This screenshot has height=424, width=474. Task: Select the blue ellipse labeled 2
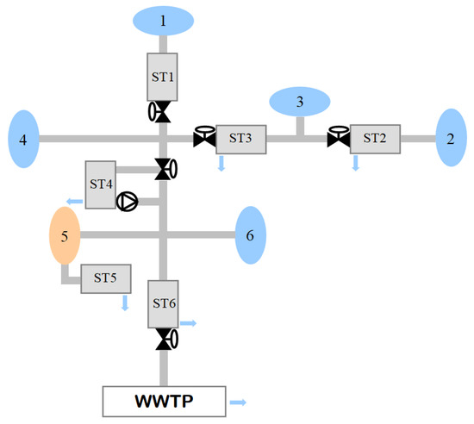[x=450, y=138]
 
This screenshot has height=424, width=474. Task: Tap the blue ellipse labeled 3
[x=300, y=102]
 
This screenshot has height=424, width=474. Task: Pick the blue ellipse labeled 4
[x=24, y=138]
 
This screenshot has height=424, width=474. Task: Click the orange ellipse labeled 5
[x=65, y=234]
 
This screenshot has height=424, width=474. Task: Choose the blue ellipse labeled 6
[x=250, y=234]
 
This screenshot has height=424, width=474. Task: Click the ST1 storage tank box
[x=163, y=76]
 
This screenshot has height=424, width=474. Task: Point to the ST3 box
[x=240, y=138]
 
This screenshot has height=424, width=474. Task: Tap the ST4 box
[x=102, y=184]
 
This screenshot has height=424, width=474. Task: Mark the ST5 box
[x=105, y=278]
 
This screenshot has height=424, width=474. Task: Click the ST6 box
[x=163, y=303]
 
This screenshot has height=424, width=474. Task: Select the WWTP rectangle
[x=164, y=401]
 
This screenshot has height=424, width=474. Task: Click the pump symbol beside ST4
[x=127, y=203]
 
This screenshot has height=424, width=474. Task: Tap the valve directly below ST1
[x=160, y=112]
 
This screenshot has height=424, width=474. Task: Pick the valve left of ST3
[x=204, y=136]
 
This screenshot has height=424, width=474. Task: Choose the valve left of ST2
[x=338, y=136]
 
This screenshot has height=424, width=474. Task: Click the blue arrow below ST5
[x=125, y=302]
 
